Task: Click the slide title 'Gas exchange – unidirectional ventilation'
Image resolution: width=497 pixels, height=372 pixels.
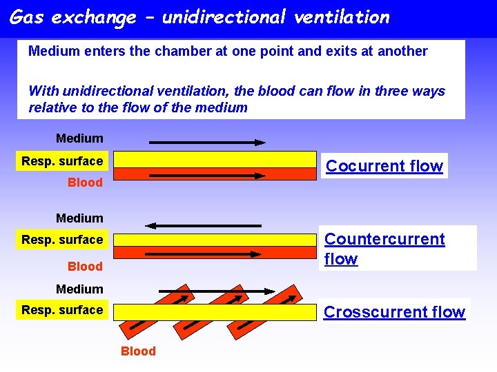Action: (199, 17)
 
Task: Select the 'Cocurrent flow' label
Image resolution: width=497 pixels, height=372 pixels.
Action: (384, 166)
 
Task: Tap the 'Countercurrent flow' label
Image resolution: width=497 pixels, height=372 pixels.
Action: (384, 249)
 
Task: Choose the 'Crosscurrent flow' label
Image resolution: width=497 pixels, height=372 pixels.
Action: (394, 312)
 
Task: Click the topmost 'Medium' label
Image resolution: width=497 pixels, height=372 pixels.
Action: (79, 138)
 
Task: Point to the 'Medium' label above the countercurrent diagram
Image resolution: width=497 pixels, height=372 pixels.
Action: (79, 218)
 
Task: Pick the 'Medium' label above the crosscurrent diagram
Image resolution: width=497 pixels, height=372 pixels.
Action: (79, 289)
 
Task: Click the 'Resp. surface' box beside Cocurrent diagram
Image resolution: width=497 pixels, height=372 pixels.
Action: (62, 161)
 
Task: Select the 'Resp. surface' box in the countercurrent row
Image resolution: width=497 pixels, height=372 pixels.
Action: (62, 240)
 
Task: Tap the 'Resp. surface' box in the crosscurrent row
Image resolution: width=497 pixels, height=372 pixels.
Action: (62, 310)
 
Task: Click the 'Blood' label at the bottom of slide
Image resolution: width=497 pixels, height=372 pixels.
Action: (138, 351)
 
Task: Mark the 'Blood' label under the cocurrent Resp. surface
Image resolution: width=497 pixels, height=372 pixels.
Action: (85, 183)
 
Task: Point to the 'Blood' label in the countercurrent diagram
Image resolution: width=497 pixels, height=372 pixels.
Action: (85, 267)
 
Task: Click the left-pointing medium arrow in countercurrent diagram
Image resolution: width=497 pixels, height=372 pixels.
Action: (203, 225)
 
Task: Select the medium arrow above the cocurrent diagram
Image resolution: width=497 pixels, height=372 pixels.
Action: (207, 143)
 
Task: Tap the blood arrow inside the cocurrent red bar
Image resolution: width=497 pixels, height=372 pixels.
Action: (207, 176)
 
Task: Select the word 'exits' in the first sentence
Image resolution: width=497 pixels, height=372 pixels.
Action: (338, 51)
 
